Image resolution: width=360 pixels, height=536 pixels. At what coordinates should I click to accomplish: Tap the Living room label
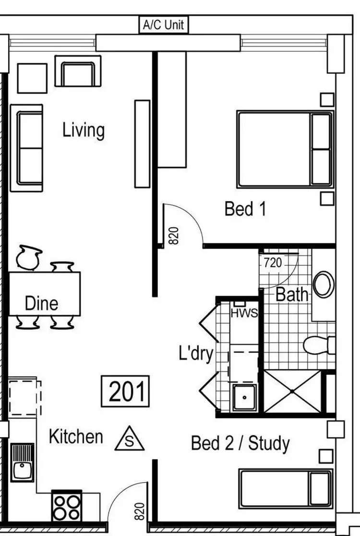point(84,130)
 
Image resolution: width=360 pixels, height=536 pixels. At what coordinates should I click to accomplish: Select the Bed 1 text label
point(245,209)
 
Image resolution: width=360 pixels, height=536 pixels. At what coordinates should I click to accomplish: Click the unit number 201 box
point(126,391)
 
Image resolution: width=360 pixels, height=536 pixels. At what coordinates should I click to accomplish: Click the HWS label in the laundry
point(244,313)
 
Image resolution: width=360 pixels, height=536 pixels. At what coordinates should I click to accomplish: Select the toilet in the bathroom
point(319,345)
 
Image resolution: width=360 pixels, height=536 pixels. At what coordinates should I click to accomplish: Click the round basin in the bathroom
point(324,284)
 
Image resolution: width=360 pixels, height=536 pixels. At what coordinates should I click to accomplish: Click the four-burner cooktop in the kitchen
point(67,506)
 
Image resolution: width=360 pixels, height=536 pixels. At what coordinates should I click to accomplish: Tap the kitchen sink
point(22,463)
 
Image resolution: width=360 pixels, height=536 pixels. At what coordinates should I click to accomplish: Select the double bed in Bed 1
point(285,149)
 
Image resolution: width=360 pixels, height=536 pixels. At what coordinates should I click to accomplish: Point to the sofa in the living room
point(26,148)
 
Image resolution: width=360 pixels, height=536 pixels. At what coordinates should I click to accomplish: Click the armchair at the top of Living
point(78,71)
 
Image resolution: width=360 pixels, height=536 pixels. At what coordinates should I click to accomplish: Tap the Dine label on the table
point(41,303)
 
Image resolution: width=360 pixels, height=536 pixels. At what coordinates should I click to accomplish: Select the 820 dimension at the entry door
point(139,512)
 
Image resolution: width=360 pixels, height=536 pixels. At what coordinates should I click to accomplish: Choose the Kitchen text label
point(76,437)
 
